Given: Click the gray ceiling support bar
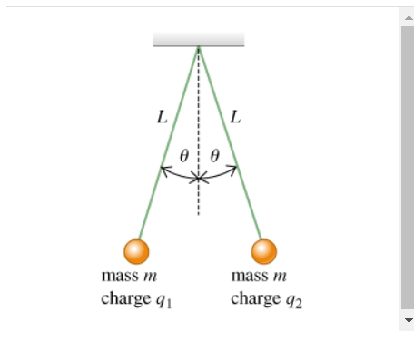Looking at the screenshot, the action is [x=199, y=39].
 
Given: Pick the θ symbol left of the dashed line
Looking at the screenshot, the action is [x=184, y=155].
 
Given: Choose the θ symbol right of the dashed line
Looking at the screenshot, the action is [x=214, y=155].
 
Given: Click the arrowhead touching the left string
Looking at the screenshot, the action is [x=164, y=169].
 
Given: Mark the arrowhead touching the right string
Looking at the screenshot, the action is [x=234, y=169].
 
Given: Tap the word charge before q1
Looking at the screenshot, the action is [x=125, y=297].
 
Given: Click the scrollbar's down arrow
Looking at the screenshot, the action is [x=407, y=321].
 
